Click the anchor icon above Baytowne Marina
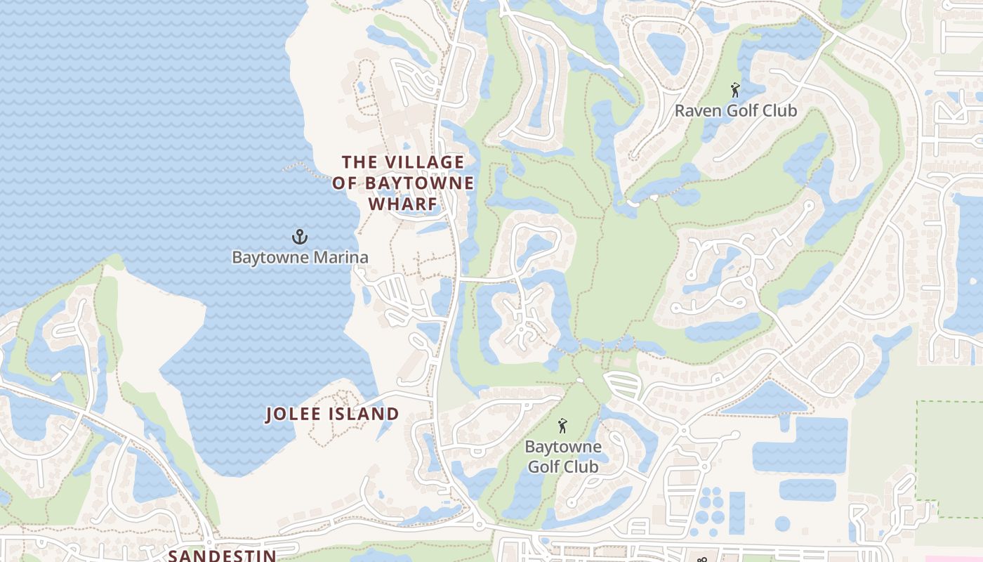point(300,237)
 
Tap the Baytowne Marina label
point(300,257)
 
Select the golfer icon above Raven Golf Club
point(735,90)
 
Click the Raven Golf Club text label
point(736,111)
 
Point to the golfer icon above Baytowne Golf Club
point(562,426)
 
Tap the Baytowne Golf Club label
point(562,457)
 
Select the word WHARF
point(403,204)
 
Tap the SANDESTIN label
point(222,556)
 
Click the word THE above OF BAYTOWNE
point(359,162)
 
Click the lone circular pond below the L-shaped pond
point(782,523)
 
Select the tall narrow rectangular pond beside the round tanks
point(737,513)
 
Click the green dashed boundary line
point(917,450)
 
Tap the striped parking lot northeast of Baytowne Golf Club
point(622,385)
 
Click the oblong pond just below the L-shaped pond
point(807,490)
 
